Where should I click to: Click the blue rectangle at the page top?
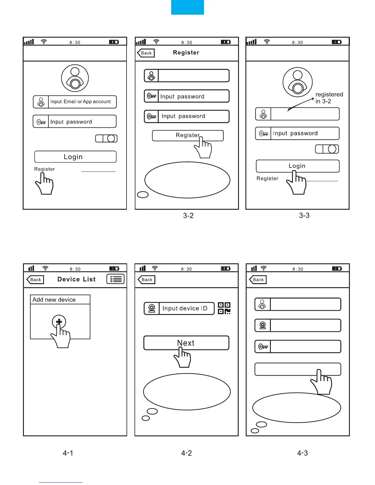pos(187,7)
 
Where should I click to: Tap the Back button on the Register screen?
pos(146,53)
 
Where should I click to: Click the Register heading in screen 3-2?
pos(186,53)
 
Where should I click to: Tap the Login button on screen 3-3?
pos(297,166)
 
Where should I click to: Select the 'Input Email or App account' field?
pos(80,102)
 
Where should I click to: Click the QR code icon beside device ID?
pos(224,308)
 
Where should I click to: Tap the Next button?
pos(186,343)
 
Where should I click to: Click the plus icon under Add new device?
pos(59,322)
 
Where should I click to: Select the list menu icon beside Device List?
pos(116,279)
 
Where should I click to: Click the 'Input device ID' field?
pos(185,308)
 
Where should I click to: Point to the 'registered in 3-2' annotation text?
pos(329,98)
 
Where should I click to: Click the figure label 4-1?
pos(68,453)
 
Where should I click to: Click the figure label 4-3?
pos(303,453)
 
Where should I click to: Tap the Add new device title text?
pos(54,300)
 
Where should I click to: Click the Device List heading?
pos(77,279)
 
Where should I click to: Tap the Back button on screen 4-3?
pos(258,280)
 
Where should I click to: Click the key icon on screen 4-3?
pos(263,347)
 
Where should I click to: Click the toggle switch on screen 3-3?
pos(327,149)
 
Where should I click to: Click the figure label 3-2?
pos(188,216)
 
